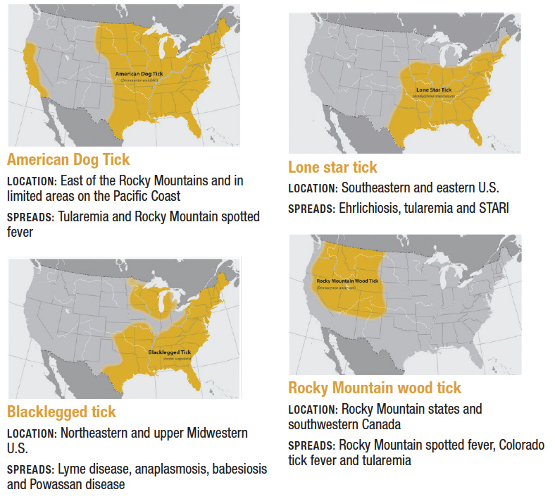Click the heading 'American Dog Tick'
68,159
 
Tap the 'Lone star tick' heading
332,167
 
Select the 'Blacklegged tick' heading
61,412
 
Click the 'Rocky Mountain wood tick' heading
375,388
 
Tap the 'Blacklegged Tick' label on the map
170,351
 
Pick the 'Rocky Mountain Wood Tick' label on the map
347,281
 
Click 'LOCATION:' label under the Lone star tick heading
313,189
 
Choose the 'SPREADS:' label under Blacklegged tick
30,469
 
